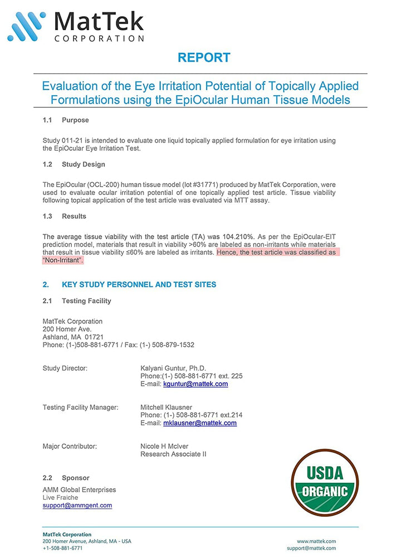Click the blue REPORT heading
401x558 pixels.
click(x=203, y=57)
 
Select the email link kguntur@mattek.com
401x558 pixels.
click(x=195, y=384)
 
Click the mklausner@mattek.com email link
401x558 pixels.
click(x=199, y=423)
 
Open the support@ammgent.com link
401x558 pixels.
click(x=77, y=506)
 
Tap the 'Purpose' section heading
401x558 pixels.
click(x=75, y=120)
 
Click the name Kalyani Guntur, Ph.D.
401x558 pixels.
click(x=173, y=369)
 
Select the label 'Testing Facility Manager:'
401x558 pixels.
click(x=80, y=408)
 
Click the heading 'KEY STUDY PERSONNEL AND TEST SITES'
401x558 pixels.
click(x=139, y=285)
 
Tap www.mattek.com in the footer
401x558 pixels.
click(x=316, y=541)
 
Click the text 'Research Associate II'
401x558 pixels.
click(x=173, y=454)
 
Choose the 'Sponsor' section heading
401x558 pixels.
click(x=75, y=478)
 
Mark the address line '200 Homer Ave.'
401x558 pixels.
click(x=67, y=329)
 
